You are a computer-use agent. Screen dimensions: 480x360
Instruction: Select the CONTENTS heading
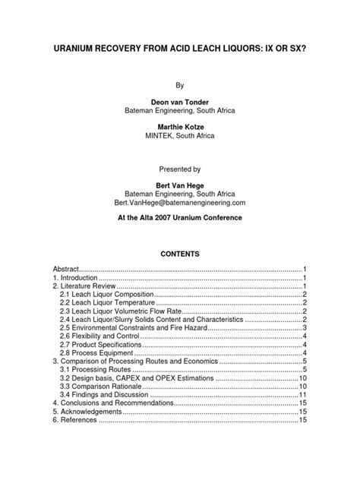point(179,254)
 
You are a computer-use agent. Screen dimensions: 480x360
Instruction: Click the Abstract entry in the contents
point(65,270)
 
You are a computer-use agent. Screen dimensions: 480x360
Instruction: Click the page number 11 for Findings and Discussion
point(302,395)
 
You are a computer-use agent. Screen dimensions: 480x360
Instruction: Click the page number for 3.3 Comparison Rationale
point(302,387)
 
